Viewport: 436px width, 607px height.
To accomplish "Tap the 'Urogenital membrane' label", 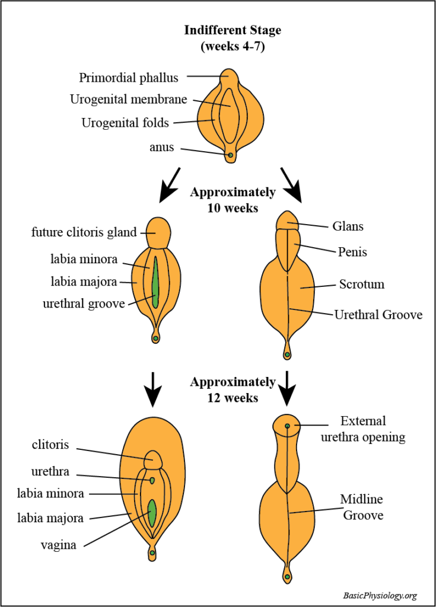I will [x=129, y=100].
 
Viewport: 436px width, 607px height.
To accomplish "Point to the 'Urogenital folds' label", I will [x=125, y=123].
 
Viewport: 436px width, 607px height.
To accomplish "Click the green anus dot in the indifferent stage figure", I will [x=231, y=155].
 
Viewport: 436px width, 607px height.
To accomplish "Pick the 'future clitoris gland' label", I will [x=84, y=232].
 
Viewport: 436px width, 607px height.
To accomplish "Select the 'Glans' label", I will [x=349, y=226].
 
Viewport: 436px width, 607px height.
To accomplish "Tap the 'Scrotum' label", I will [x=362, y=285].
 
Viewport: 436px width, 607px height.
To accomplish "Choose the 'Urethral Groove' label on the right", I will [x=378, y=315].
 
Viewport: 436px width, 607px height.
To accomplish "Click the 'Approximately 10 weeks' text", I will [x=233, y=200].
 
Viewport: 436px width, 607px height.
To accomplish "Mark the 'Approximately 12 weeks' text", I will [x=233, y=389].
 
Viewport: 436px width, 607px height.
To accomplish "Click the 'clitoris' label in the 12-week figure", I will [x=52, y=445].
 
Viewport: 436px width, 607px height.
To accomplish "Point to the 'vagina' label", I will [x=58, y=545].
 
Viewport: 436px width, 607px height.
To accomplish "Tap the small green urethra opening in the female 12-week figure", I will [x=152, y=480].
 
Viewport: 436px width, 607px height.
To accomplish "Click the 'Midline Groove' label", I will [x=362, y=507].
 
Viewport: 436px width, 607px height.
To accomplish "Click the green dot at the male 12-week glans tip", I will [x=287, y=426].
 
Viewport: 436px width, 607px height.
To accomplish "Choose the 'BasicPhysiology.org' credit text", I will [x=380, y=595].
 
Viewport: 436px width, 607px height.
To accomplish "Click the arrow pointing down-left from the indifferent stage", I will [x=171, y=184].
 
